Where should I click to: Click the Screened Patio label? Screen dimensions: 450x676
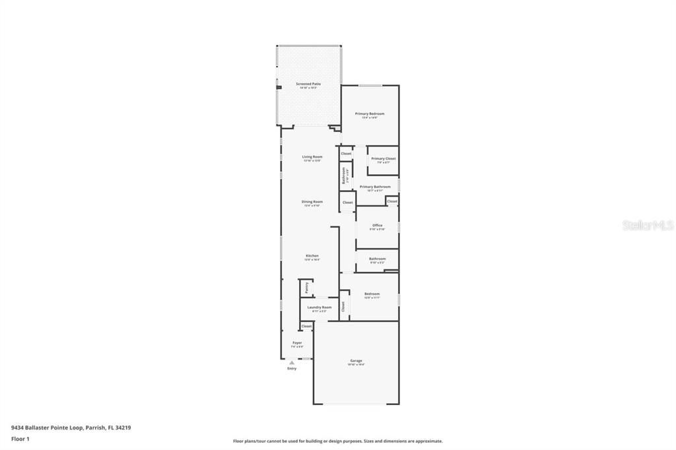click(308, 84)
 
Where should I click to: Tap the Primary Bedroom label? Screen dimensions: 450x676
click(370, 114)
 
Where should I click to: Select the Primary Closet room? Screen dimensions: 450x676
click(383, 159)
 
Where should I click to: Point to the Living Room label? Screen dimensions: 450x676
click(312, 157)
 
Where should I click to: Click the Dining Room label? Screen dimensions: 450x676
click(312, 202)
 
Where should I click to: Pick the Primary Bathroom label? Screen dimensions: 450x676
click(375, 187)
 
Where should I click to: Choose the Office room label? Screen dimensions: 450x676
click(377, 226)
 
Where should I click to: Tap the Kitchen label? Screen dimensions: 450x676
click(312, 256)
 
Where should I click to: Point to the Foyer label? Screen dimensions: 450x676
click(297, 343)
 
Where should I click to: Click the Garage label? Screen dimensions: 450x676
click(356, 361)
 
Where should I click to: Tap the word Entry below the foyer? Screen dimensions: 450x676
click(292, 368)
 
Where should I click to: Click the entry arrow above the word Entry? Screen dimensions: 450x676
click(292, 362)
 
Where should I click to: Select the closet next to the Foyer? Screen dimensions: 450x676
click(306, 326)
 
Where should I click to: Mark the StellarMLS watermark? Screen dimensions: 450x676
click(648, 225)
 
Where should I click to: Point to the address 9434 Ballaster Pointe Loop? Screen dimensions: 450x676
click(71, 428)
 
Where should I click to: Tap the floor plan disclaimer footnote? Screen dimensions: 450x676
click(337, 441)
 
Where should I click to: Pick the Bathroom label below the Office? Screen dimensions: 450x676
click(377, 259)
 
